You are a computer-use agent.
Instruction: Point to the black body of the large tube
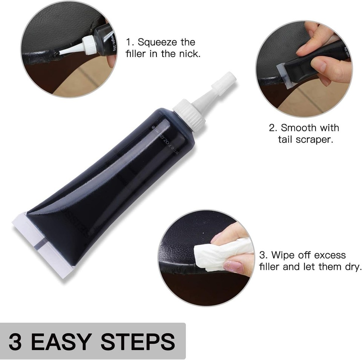click(x=113, y=189)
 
